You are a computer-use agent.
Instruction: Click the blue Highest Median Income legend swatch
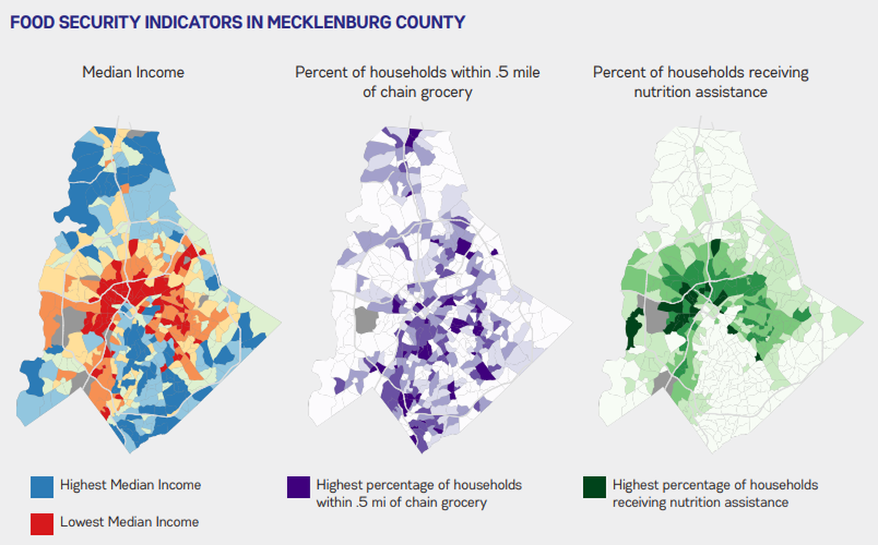click(x=42, y=486)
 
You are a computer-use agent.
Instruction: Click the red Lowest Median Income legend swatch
click(x=42, y=523)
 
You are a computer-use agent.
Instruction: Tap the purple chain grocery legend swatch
click(x=298, y=486)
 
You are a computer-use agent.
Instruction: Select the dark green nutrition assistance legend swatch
click(x=594, y=486)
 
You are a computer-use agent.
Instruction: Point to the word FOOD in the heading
click(x=28, y=22)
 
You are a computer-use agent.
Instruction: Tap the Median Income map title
click(x=133, y=72)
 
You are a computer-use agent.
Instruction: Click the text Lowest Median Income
click(x=129, y=522)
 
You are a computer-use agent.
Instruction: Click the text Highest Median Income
click(x=130, y=485)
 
